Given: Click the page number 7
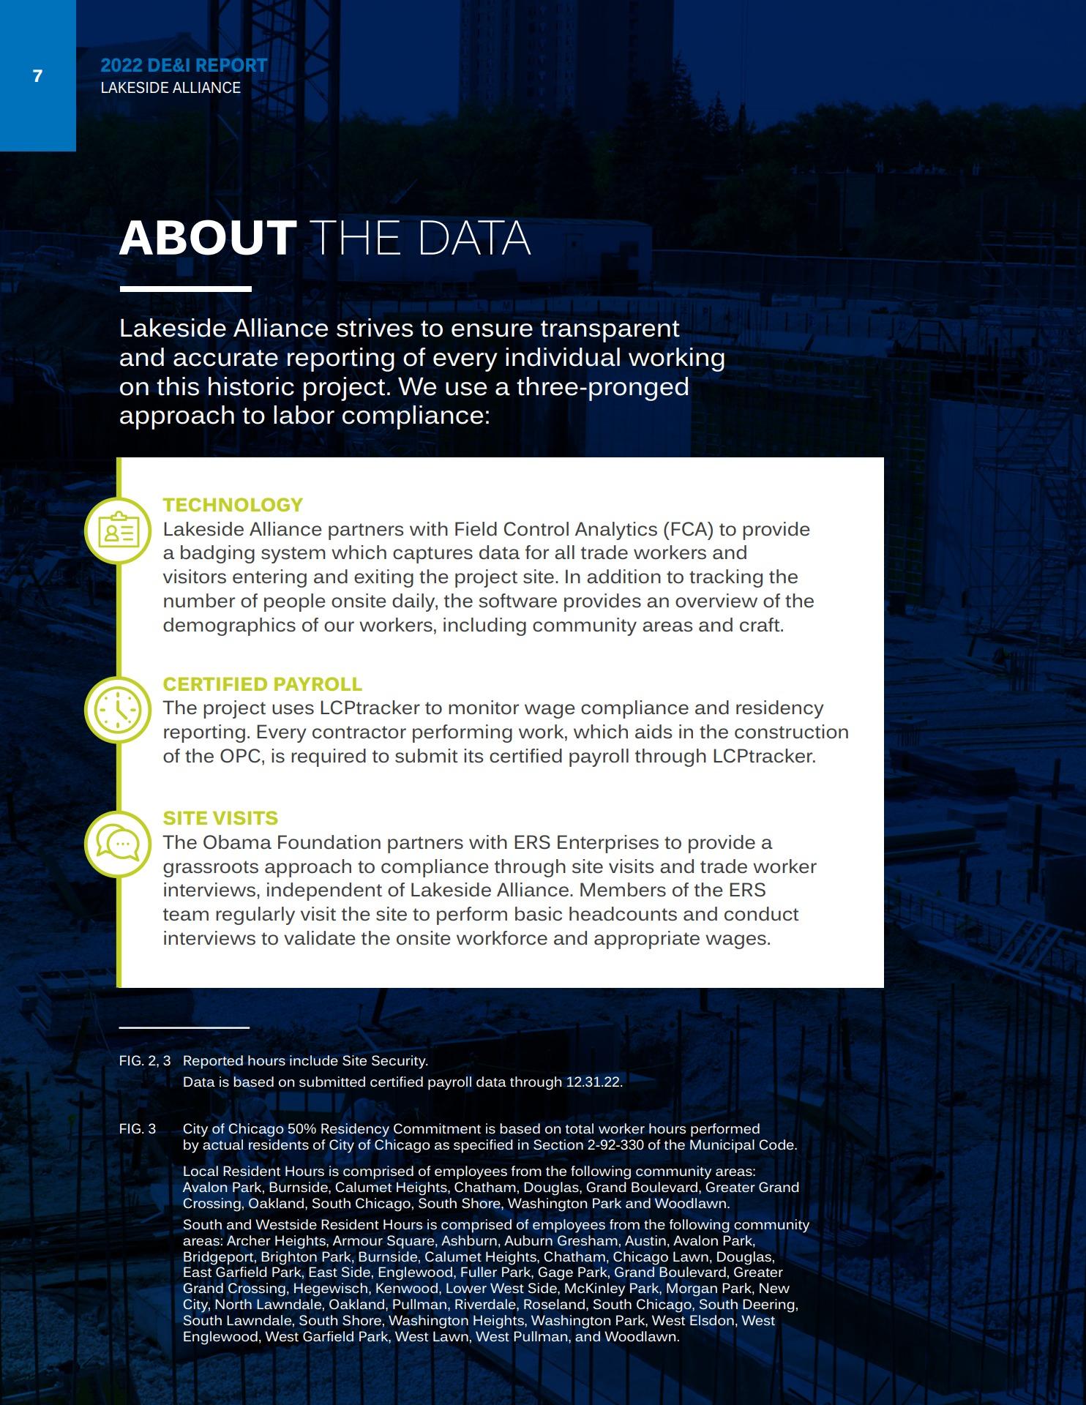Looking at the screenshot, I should point(38,76).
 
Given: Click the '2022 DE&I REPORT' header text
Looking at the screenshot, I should point(184,65).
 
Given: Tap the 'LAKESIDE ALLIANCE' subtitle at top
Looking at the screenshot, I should point(171,88).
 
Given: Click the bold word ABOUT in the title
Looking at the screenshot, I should point(208,238).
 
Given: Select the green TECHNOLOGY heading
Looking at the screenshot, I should point(233,505).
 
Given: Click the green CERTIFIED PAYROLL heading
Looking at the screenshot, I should point(262,684).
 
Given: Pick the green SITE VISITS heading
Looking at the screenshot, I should point(220,818).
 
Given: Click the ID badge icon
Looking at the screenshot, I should point(118,531).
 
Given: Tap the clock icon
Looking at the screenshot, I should point(118,710).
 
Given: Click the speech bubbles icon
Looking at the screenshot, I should point(118,844).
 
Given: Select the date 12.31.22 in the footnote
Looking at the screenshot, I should point(593,1082).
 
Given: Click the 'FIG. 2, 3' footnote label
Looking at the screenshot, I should point(145,1060).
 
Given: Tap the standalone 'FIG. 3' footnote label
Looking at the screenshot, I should point(138,1129).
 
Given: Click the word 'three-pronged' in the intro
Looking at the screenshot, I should point(602,386).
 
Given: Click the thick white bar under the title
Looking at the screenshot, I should point(185,289).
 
